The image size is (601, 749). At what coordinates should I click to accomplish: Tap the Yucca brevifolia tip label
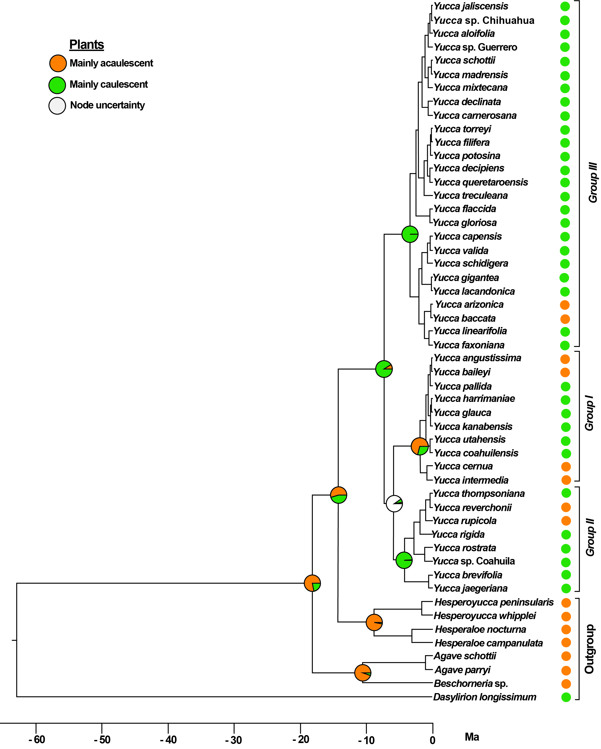pos(468,575)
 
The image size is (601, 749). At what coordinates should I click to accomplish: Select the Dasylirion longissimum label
pos(485,697)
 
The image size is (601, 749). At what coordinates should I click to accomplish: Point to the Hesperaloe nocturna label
pos(480,629)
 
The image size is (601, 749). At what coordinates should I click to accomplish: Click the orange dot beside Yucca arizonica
pos(565,305)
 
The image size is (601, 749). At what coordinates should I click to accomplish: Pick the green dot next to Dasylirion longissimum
pos(566,697)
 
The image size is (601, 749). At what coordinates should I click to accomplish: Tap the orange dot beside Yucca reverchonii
pos(566,508)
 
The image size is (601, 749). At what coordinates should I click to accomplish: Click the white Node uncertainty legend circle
pos(57,106)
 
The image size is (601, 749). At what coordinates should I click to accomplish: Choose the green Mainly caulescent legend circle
pos(57,85)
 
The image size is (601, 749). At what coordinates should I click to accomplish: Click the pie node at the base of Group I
pos(419,446)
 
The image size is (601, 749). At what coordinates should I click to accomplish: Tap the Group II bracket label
pos(590,537)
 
